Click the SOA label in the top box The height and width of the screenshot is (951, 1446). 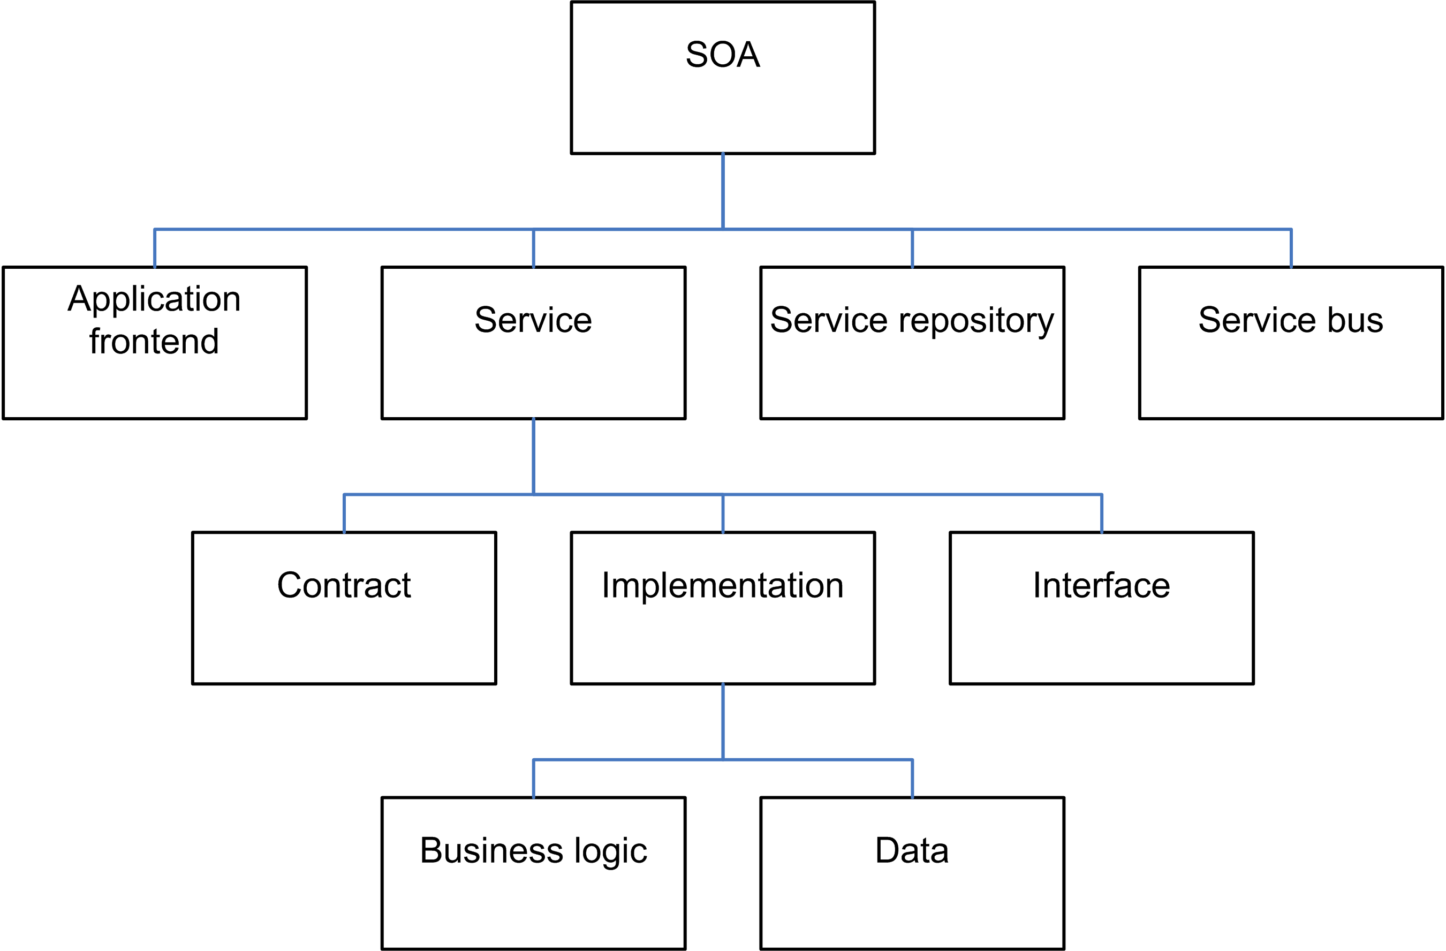click(x=722, y=54)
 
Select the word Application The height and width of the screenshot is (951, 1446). click(x=154, y=299)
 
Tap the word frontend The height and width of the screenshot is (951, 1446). click(x=154, y=341)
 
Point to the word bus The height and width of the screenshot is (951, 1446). click(x=1356, y=320)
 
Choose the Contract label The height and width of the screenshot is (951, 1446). click(x=344, y=585)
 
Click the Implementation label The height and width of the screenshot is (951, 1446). click(x=722, y=586)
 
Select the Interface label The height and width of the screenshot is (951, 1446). click(x=1102, y=585)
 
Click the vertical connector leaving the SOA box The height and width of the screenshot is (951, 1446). click(x=722, y=191)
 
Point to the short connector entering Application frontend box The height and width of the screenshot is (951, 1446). click(x=154, y=248)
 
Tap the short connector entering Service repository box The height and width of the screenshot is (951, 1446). click(x=912, y=248)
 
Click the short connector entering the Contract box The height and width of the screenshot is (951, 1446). click(x=344, y=514)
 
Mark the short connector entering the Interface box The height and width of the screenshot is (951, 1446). click(x=1102, y=514)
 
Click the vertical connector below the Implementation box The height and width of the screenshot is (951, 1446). click(x=722, y=722)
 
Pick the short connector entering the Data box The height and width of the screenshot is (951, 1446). click(x=912, y=779)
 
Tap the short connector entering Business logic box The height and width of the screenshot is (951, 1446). click(x=533, y=779)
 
